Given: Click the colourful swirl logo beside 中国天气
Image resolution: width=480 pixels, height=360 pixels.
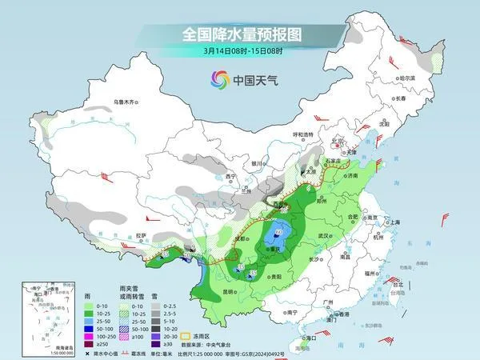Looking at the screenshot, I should pos(219,79).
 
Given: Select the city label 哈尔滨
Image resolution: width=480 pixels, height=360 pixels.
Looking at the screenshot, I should pos(408,78).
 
